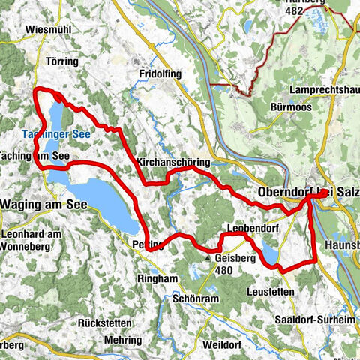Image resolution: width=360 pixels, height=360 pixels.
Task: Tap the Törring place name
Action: [62, 59]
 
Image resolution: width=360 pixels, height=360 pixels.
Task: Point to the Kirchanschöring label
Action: [174, 162]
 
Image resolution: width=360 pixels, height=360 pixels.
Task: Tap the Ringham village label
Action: [158, 277]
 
